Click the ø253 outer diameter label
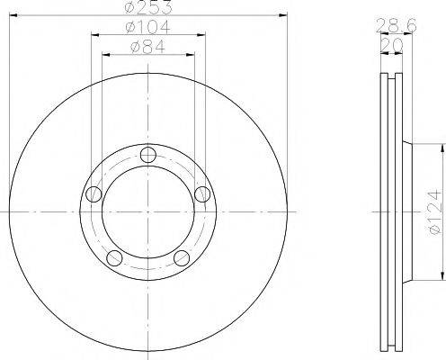click(148, 7)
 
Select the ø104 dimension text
click(148, 28)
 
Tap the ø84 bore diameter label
click(148, 47)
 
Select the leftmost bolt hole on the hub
click(93, 193)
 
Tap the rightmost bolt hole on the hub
click(203, 193)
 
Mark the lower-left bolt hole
click(114, 258)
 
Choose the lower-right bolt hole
click(183, 258)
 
